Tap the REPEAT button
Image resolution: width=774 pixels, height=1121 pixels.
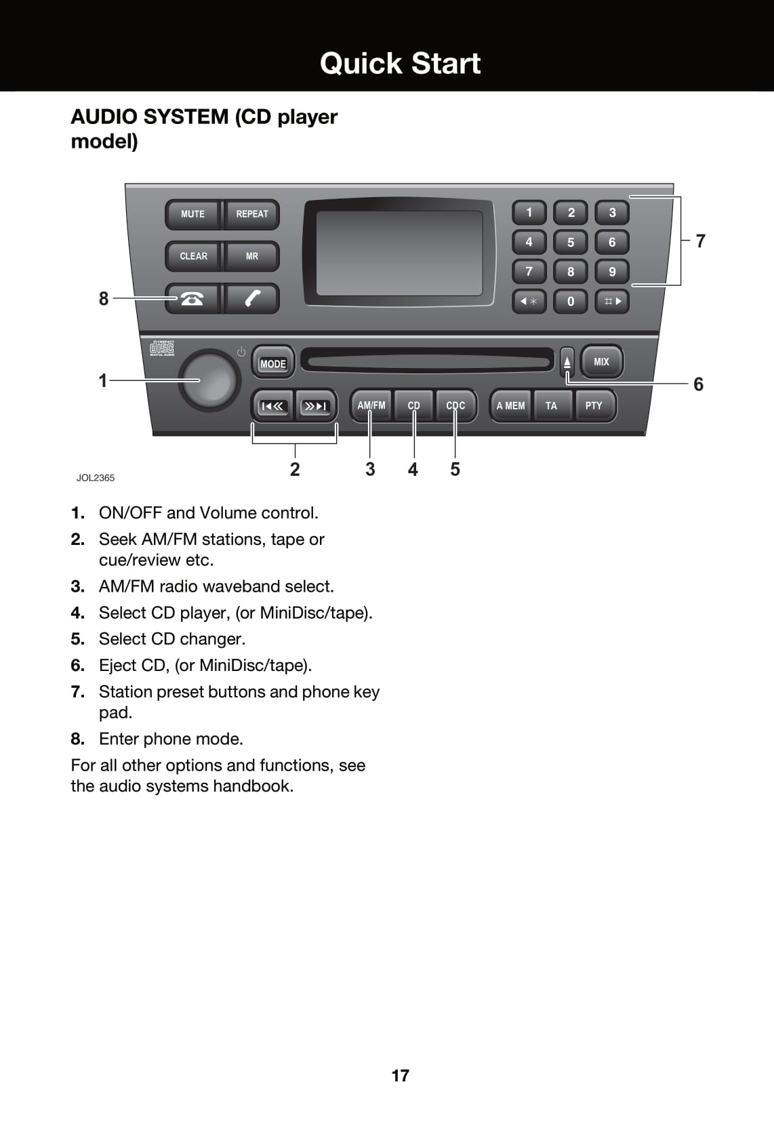[x=251, y=214]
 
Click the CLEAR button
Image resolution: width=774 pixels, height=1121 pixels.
[x=193, y=256]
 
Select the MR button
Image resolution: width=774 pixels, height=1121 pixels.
[x=251, y=256]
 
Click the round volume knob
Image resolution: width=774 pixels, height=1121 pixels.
[x=209, y=380]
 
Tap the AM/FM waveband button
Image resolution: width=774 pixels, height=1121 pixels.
[x=371, y=405]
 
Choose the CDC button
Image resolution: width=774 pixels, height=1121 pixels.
[x=455, y=405]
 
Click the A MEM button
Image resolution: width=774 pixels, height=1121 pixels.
[x=510, y=405]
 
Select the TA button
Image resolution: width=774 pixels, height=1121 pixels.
[x=551, y=405]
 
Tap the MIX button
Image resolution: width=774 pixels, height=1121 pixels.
[x=601, y=362]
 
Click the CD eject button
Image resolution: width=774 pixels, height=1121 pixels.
[x=567, y=363]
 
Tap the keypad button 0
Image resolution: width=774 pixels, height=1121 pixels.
[x=571, y=301]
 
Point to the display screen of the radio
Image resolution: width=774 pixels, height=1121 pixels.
[x=399, y=253]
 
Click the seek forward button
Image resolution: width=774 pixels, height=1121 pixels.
[x=316, y=406]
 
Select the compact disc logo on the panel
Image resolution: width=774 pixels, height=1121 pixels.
[x=162, y=348]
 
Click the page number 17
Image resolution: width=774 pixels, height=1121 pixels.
[x=400, y=1076]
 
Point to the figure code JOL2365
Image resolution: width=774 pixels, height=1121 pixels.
[x=96, y=478]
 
